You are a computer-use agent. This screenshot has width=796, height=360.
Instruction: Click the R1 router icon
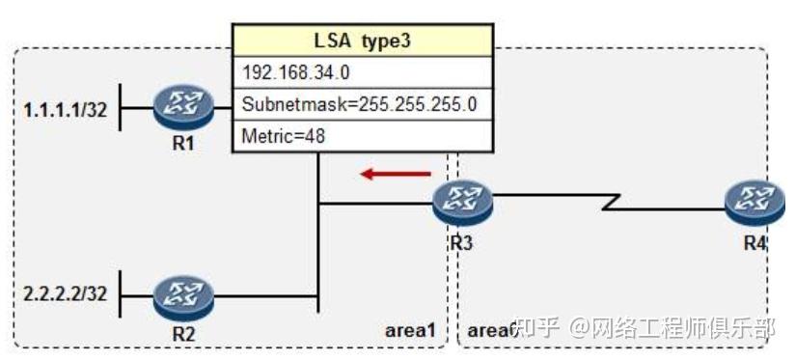[183, 110]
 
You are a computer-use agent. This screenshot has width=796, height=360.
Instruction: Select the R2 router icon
[183, 295]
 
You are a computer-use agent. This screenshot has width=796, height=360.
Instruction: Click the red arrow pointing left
[396, 175]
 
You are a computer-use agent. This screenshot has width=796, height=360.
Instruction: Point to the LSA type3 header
[362, 42]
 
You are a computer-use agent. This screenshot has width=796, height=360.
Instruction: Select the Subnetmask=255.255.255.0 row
[362, 103]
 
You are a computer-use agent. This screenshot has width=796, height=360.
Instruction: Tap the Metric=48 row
[362, 135]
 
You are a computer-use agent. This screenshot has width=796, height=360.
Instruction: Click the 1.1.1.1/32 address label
[65, 111]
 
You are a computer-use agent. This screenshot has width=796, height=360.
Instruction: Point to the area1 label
[411, 331]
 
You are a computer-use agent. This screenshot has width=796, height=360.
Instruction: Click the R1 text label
[184, 147]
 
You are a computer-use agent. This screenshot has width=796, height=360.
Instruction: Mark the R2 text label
[183, 333]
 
